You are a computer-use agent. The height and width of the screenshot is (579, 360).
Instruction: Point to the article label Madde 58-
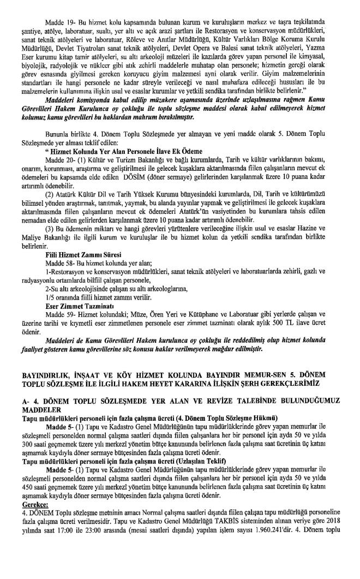59,262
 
